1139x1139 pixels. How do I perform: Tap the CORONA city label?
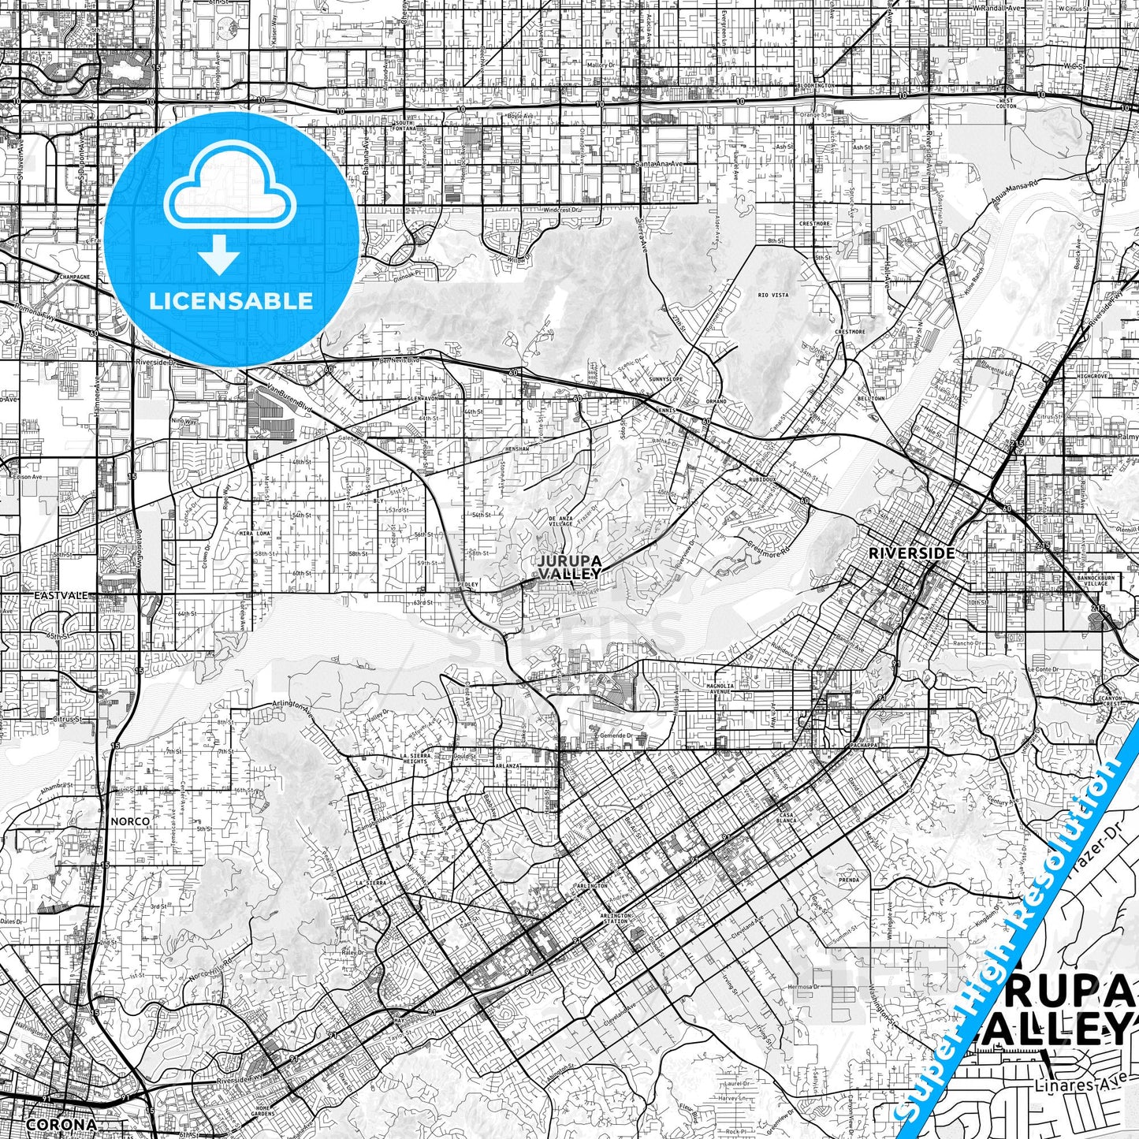tap(61, 1125)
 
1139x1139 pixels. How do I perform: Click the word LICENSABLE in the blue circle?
tap(231, 301)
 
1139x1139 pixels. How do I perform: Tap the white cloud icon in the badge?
tap(231, 196)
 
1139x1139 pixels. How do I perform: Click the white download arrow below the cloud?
tap(219, 254)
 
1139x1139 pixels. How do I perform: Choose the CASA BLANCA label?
tap(787, 817)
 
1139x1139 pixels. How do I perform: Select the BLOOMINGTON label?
tap(816, 85)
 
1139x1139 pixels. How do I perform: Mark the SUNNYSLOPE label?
tap(664, 378)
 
